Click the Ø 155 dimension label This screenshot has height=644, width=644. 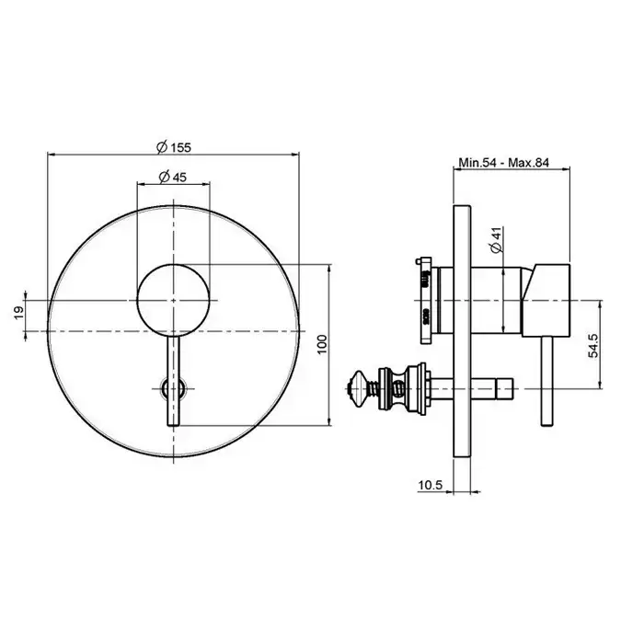(174, 146)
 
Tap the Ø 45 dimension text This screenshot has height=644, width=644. (173, 177)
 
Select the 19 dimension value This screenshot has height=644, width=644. (19, 314)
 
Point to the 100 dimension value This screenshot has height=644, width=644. (322, 344)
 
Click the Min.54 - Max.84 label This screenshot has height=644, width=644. (503, 163)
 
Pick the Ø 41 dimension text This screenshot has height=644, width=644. (497, 240)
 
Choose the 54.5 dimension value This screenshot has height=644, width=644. (593, 345)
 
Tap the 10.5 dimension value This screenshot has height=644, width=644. (430, 485)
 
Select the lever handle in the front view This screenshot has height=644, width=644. (173, 381)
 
